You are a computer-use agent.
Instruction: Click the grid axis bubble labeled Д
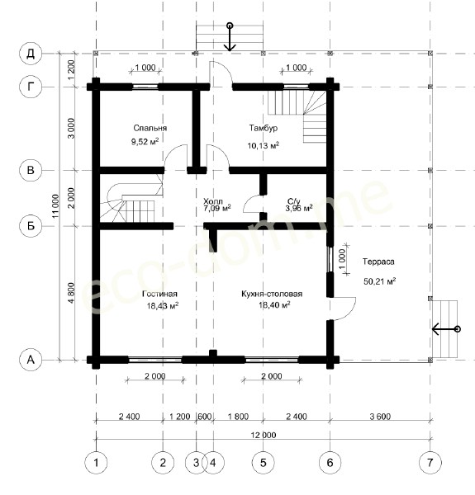31,54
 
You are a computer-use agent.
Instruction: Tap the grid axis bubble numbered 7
430,463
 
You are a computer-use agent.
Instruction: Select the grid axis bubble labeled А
31,360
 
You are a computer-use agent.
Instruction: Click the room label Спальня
150,128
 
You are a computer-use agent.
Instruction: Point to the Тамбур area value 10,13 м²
263,145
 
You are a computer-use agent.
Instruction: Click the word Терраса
378,262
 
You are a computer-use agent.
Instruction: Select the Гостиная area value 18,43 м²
163,306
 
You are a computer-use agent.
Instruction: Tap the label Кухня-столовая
272,294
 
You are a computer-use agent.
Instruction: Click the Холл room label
212,201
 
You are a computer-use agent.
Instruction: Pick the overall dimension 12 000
264,435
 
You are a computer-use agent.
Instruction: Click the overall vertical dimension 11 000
55,205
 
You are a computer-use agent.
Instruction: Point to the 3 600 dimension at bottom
380,417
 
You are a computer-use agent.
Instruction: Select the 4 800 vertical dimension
71,293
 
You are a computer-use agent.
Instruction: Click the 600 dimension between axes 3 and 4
205,417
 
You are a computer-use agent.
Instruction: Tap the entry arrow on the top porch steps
230,37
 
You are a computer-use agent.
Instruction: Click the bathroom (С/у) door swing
252,203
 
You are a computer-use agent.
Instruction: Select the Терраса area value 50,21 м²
379,281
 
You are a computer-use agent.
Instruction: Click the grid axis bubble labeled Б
31,226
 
